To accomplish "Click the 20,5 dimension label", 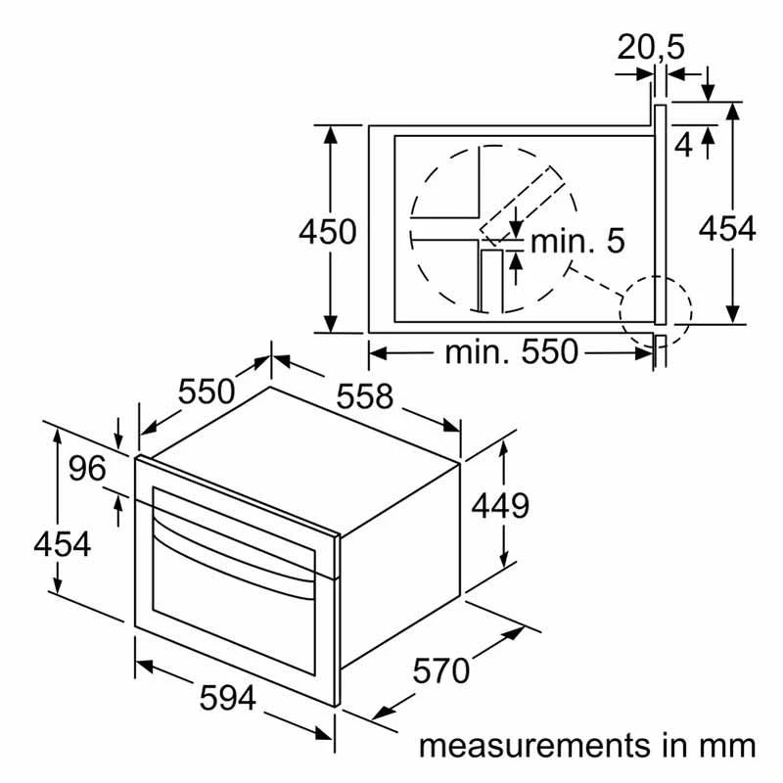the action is tap(651, 48).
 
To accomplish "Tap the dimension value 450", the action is tap(328, 232).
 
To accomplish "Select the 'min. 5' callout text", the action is tap(577, 241).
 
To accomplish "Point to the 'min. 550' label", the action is tap(511, 352).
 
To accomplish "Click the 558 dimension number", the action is tap(364, 396).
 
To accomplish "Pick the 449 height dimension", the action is tap(500, 506).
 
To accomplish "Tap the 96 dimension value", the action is tap(87, 469).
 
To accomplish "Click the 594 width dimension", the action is tap(228, 698).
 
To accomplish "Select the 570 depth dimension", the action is tap(441, 670).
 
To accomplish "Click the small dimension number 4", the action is tap(683, 145).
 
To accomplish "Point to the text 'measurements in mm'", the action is tap(587, 746).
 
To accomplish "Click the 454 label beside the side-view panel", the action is tap(727, 229).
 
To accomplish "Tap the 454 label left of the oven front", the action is tap(63, 544).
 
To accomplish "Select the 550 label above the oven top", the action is tap(207, 391).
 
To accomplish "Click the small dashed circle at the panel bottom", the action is tap(656, 312).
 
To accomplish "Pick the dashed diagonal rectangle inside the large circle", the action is tap(523, 206).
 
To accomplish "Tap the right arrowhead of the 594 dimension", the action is tap(325, 733).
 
